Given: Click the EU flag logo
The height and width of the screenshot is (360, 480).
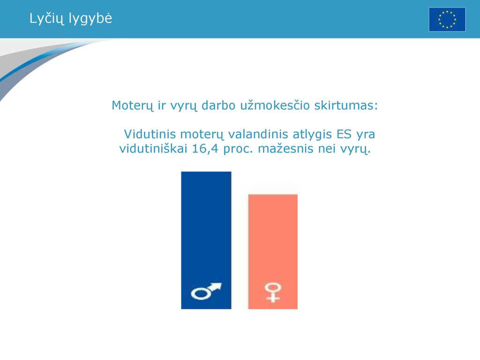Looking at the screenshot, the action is (447, 20).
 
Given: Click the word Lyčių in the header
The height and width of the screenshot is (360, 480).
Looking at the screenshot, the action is (47, 19).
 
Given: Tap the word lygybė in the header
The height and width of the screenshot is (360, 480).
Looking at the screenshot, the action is (90, 19).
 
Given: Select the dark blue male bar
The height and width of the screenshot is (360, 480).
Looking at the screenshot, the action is (206, 240).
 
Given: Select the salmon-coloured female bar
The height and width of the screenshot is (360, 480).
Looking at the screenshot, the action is (273, 252).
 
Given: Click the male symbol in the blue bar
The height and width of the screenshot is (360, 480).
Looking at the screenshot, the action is (206, 291).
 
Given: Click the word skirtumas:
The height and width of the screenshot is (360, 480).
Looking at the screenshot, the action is (346, 105).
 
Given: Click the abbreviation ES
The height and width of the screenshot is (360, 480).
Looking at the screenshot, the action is (344, 135).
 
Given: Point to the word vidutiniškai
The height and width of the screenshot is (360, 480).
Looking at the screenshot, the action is (153, 149).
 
